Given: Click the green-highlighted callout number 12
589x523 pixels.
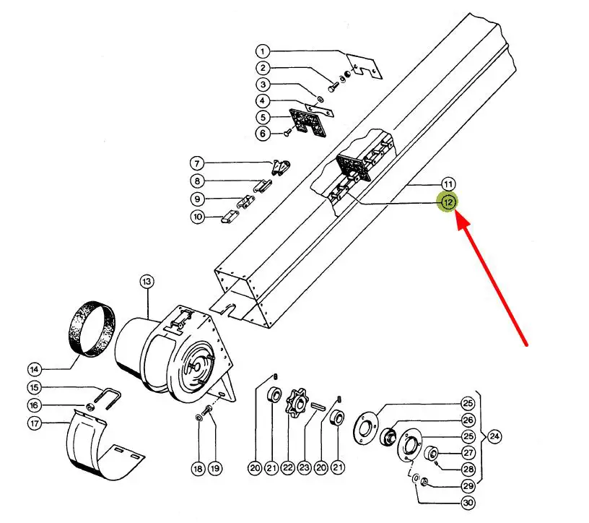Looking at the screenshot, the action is [448, 203].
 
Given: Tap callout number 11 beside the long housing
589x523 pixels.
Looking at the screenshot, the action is [448, 184].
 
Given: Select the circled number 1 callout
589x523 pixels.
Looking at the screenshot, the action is [263, 51].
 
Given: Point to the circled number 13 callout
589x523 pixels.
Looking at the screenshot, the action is [147, 282].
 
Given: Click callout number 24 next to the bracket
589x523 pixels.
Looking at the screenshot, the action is [494, 436].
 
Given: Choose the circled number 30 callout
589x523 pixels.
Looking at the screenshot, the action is [468, 503].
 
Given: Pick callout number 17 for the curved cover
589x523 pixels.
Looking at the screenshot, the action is [35, 423].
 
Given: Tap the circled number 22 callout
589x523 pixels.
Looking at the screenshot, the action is [288, 467].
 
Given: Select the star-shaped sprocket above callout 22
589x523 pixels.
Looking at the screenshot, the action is [298, 403].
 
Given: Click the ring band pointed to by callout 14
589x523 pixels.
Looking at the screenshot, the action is [92, 328].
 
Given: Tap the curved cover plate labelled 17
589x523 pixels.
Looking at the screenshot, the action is [102, 446].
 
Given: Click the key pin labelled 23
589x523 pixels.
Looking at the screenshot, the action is [318, 407].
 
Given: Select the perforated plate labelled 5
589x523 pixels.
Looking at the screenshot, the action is [308, 122].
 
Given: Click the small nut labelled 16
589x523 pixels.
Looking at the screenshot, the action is [90, 407].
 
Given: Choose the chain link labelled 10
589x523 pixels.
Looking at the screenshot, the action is [230, 216].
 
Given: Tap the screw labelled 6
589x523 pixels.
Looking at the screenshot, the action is [287, 132].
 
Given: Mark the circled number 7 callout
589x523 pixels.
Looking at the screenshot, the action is [197, 163].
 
